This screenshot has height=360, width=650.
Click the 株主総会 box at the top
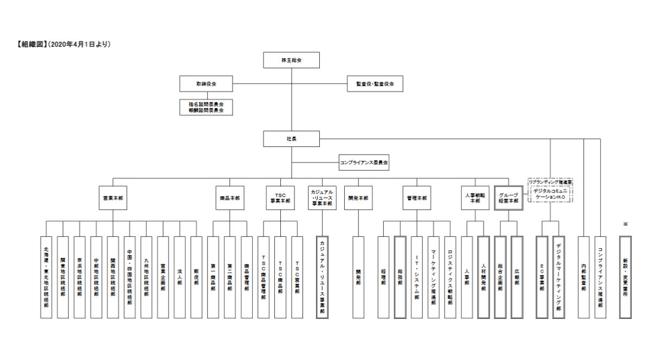click(291, 60)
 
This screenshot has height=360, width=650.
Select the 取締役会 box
click(206, 84)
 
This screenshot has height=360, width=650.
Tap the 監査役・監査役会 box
click(375, 84)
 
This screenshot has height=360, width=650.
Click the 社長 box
click(291, 139)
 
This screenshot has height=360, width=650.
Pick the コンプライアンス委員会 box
click(364, 162)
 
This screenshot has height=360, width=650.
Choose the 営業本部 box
click(113, 198)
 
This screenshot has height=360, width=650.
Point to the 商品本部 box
click(229, 198)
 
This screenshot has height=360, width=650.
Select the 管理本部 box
click(417, 198)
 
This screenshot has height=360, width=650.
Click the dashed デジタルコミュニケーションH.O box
click(550, 193)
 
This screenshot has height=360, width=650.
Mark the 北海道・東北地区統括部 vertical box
click(47, 277)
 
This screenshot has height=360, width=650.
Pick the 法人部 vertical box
click(179, 277)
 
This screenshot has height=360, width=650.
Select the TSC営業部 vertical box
click(297, 277)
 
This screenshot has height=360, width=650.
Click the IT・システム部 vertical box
click(416, 277)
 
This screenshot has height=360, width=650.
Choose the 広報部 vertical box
click(517, 277)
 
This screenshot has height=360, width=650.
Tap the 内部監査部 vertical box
click(583, 277)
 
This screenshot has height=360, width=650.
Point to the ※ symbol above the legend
click(625, 223)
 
